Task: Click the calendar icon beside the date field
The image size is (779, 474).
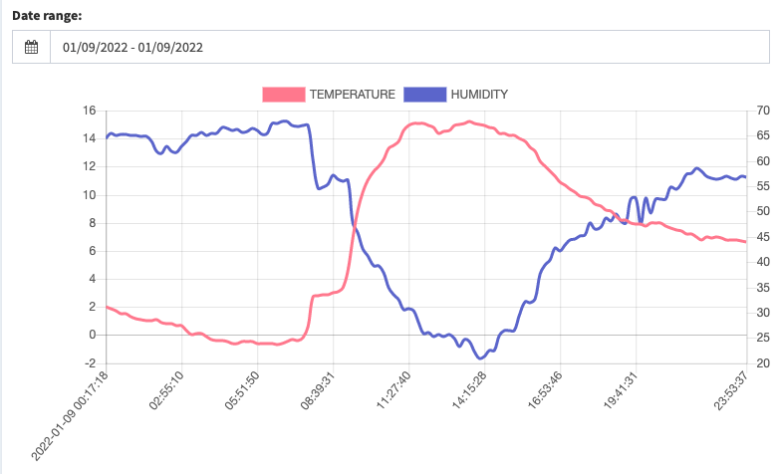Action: pyautogui.click(x=31, y=47)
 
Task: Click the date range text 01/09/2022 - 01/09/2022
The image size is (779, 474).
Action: pyautogui.click(x=132, y=47)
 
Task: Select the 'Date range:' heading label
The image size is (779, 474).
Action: pyautogui.click(x=46, y=16)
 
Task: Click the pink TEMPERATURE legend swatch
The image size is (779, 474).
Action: pyautogui.click(x=283, y=94)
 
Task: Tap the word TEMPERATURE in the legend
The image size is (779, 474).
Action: pyautogui.click(x=352, y=94)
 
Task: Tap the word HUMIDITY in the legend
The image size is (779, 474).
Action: pyautogui.click(x=479, y=94)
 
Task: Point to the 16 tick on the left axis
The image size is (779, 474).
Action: pyautogui.click(x=89, y=111)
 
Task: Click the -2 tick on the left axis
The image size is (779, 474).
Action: pyautogui.click(x=90, y=363)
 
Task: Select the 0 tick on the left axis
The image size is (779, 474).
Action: pyautogui.click(x=93, y=336)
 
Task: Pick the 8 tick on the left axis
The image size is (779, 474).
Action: pyautogui.click(x=93, y=223)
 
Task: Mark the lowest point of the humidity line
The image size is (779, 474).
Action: pyautogui.click(x=480, y=357)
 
